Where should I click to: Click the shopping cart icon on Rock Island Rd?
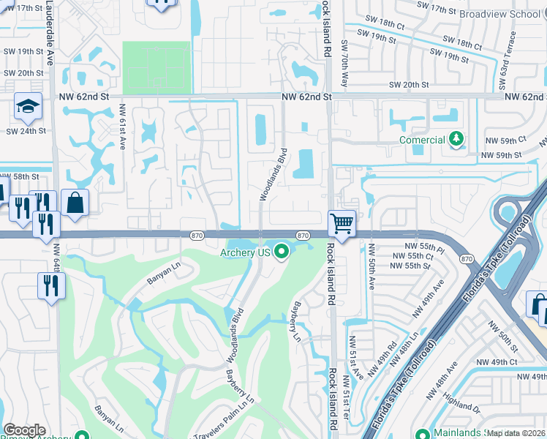(342, 223)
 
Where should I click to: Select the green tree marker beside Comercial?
(457, 139)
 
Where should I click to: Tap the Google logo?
(24, 430)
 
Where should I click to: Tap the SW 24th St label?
(26, 131)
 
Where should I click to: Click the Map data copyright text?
(516, 433)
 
